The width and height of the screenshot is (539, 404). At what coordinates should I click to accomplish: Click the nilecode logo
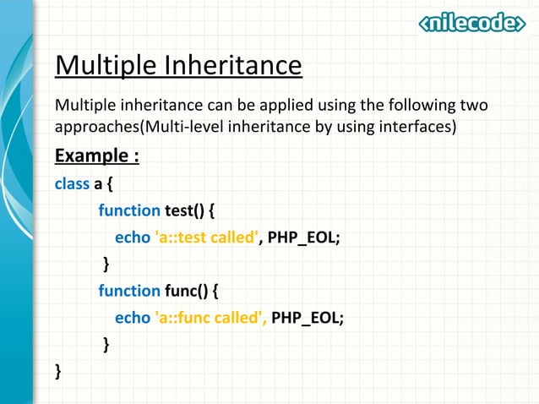click(471, 23)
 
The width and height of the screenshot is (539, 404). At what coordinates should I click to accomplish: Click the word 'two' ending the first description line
click(474, 106)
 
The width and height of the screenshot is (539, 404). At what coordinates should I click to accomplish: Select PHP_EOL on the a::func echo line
click(308, 318)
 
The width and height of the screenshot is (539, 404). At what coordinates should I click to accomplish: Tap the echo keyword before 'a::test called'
click(131, 237)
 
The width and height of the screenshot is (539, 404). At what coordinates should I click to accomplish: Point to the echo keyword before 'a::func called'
click(131, 318)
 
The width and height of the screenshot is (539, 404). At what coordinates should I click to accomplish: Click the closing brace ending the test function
click(106, 265)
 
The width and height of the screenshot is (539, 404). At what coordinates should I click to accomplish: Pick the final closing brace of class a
click(58, 371)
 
